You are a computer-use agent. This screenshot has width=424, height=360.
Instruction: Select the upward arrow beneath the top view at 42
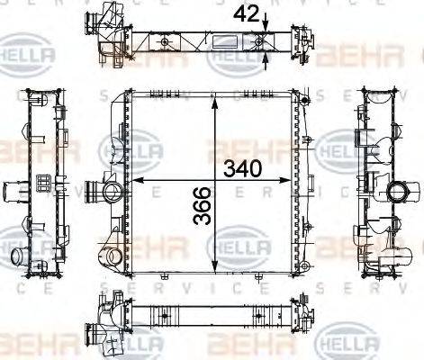(266, 58)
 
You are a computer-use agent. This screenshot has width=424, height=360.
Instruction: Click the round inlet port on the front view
(111, 191)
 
